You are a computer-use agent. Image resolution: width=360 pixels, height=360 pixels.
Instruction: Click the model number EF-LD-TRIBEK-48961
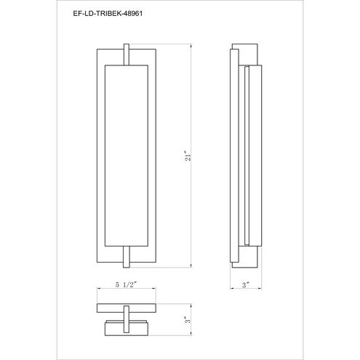pos(108,14)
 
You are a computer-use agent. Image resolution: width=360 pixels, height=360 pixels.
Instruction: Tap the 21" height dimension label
pos(188,156)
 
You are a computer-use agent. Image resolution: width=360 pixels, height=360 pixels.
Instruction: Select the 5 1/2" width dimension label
pos(126,284)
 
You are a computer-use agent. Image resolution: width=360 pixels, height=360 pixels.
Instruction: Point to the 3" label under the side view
pos(246,285)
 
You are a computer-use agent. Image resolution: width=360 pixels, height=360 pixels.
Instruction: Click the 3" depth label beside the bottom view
pos(188,320)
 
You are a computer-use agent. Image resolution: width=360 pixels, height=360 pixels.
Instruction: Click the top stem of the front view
pos(127,55)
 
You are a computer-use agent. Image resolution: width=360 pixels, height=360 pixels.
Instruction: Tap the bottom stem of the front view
pos(127,257)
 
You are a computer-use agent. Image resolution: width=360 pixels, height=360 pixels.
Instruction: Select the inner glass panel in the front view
pos(127,156)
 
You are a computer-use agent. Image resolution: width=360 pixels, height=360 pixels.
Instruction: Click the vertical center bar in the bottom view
pos(127,319)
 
